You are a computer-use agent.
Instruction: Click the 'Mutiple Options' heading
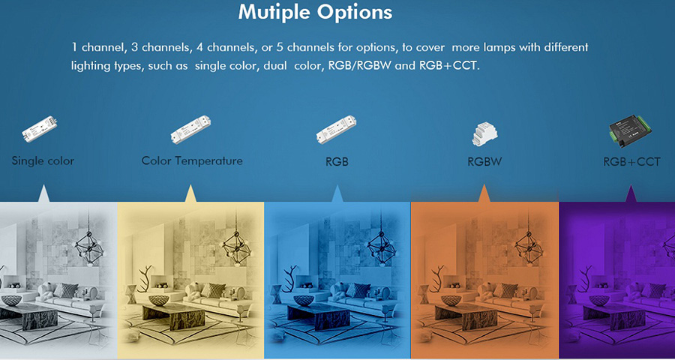coord(315,13)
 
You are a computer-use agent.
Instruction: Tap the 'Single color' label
coord(43,161)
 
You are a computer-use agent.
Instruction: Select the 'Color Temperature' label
coord(192,161)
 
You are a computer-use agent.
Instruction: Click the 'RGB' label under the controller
coord(337,162)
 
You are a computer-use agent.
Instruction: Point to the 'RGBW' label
coord(484,162)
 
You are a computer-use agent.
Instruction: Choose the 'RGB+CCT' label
coord(631,162)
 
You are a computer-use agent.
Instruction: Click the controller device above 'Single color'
coord(40,129)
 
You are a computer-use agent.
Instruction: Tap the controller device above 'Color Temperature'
coord(190,129)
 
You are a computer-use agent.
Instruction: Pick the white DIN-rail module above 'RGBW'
coord(484,133)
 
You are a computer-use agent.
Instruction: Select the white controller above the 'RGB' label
coord(336,129)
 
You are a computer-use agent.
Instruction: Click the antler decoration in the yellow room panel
coord(145,278)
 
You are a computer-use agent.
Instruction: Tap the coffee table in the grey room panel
coord(28,316)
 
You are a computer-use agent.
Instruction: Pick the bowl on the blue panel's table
coord(304,301)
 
